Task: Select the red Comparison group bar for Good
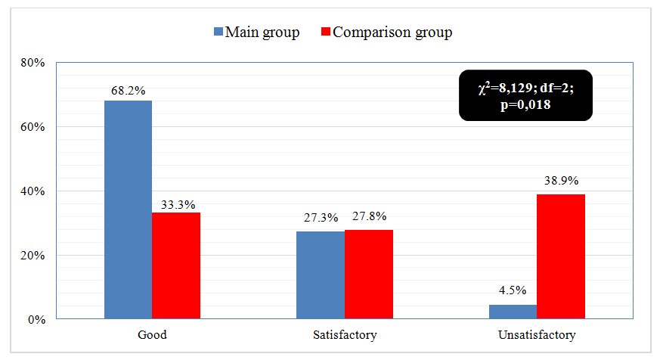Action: (176, 265)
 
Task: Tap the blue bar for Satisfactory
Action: (320, 275)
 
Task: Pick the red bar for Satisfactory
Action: (369, 275)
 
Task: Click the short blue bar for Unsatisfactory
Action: (513, 312)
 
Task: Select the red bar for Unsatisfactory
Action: (561, 256)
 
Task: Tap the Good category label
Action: (152, 334)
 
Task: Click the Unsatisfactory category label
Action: (537, 334)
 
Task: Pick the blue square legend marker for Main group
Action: (218, 33)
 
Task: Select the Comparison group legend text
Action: (392, 33)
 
